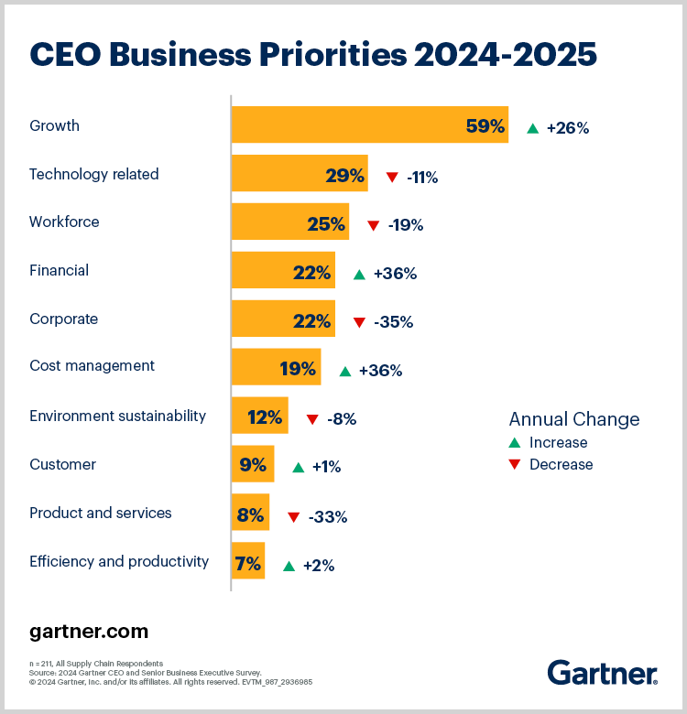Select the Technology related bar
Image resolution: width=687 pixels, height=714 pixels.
(299, 174)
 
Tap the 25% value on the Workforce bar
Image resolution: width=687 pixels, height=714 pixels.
(325, 223)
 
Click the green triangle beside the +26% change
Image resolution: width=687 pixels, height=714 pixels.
(532, 128)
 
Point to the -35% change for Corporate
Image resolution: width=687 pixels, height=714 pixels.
(394, 322)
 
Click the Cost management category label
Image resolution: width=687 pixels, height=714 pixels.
(92, 366)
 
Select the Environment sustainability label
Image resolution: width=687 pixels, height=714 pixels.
(117, 416)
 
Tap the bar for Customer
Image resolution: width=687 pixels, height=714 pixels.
(252, 465)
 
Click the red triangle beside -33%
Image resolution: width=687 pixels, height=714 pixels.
(293, 517)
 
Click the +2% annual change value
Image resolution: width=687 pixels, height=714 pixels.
(319, 566)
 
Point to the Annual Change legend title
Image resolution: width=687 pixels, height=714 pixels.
(573, 419)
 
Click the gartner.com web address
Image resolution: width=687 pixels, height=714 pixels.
(89, 633)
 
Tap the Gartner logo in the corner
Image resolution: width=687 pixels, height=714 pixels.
(602, 673)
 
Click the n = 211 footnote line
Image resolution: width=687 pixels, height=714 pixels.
(95, 663)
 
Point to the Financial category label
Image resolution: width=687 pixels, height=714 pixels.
(59, 271)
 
